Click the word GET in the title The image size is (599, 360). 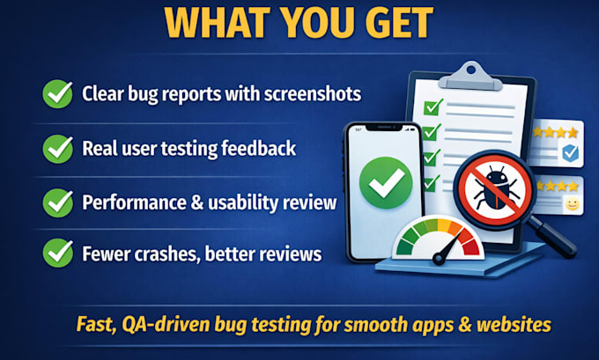399,22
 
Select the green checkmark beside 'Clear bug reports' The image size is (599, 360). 57,94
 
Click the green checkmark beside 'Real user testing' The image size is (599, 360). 57,149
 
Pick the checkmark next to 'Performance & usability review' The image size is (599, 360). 57,202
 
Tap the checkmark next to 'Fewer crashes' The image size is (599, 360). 57,253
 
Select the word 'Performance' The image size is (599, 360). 133,202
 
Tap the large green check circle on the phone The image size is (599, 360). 386,182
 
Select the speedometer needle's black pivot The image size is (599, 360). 439,260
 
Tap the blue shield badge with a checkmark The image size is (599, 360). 570,153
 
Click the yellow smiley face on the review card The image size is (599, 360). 572,204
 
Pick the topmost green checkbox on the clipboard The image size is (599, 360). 432,107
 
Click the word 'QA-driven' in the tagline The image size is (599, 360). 166,325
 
